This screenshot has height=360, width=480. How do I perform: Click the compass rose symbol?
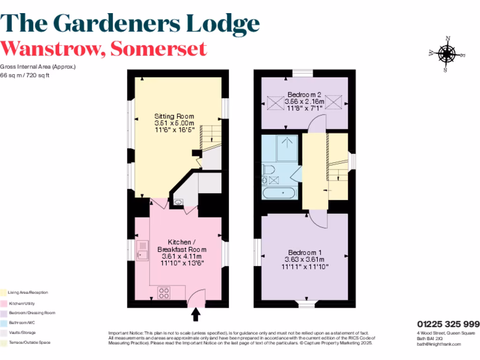coord(446,54)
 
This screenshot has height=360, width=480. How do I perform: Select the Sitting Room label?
coord(174,116)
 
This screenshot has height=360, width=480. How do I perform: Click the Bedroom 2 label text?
coord(305,94)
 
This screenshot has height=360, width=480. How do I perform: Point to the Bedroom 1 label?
coord(305,251)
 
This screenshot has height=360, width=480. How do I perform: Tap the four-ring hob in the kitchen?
coord(165,292)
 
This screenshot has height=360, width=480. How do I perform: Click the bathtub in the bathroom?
coord(279,193)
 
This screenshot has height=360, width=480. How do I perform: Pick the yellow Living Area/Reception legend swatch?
coord(3,292)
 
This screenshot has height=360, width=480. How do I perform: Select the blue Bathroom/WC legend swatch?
coord(3,323)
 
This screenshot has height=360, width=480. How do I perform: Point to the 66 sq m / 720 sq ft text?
coord(25,75)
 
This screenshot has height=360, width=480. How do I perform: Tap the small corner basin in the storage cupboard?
coord(178,202)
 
